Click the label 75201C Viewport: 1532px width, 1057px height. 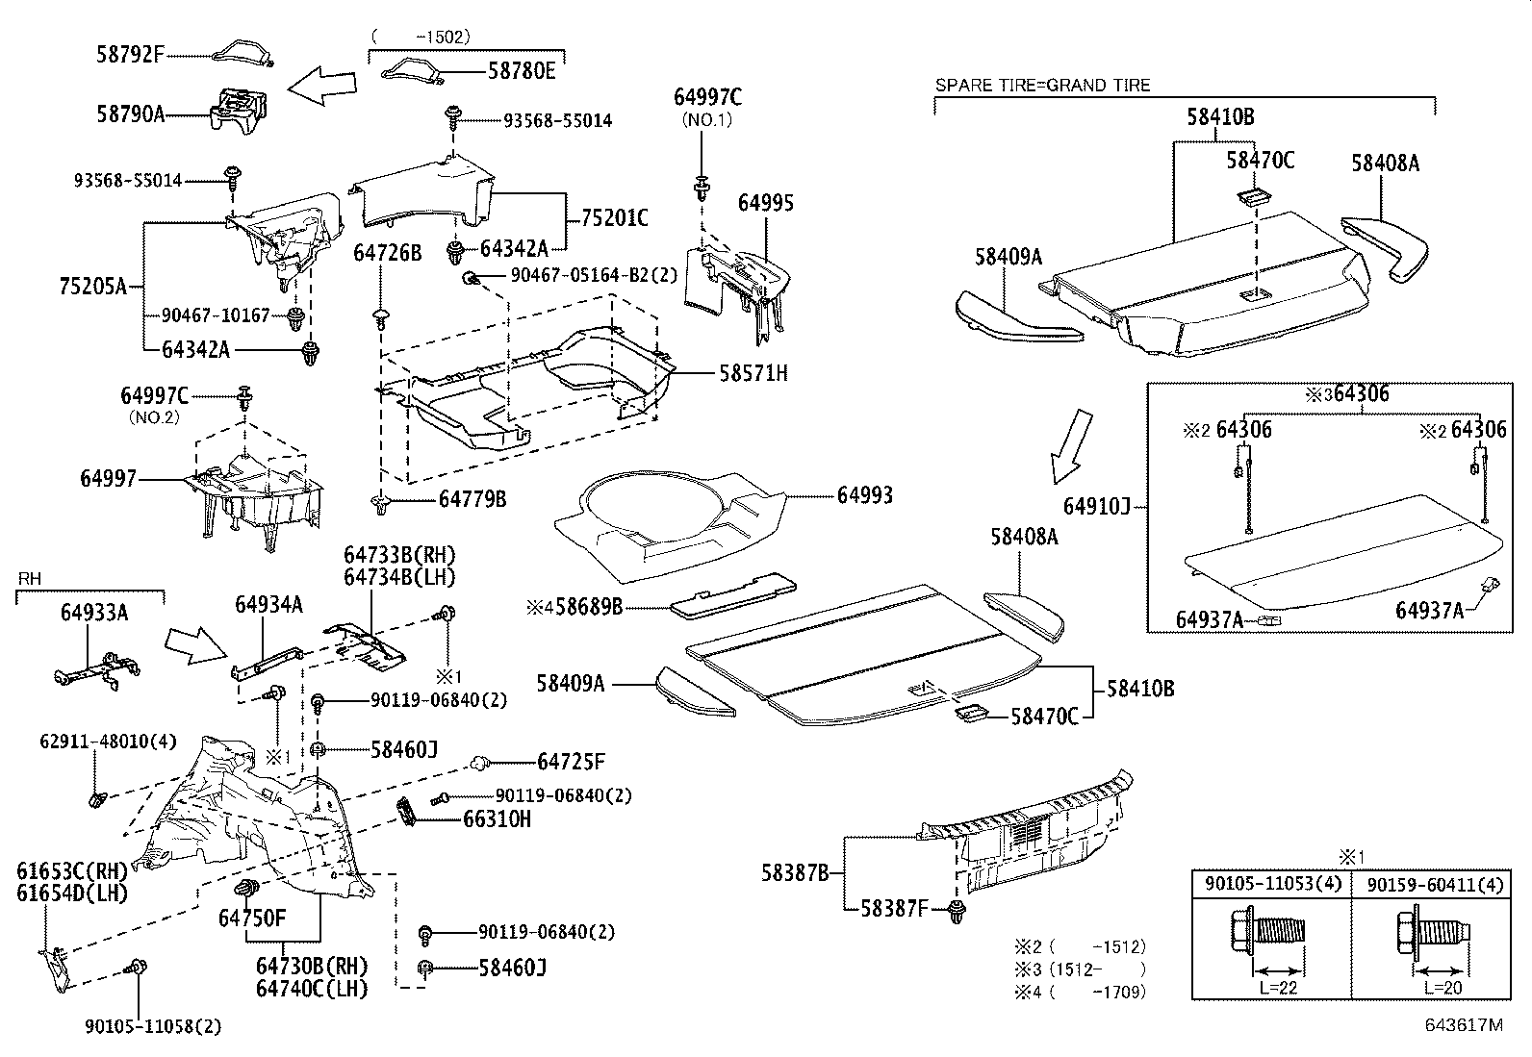[614, 219]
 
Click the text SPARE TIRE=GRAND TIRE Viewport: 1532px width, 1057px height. [1043, 86]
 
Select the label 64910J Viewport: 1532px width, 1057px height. [1097, 505]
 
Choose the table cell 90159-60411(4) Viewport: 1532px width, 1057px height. [1425, 884]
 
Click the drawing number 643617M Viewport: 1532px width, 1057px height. [1463, 1025]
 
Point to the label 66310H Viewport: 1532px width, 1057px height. [497, 819]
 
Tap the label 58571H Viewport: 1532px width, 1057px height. [753, 373]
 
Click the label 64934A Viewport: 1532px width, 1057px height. [269, 604]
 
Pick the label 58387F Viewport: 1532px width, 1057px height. [893, 907]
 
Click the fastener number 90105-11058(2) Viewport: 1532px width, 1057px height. [153, 1025]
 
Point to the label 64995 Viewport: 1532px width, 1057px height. [766, 203]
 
